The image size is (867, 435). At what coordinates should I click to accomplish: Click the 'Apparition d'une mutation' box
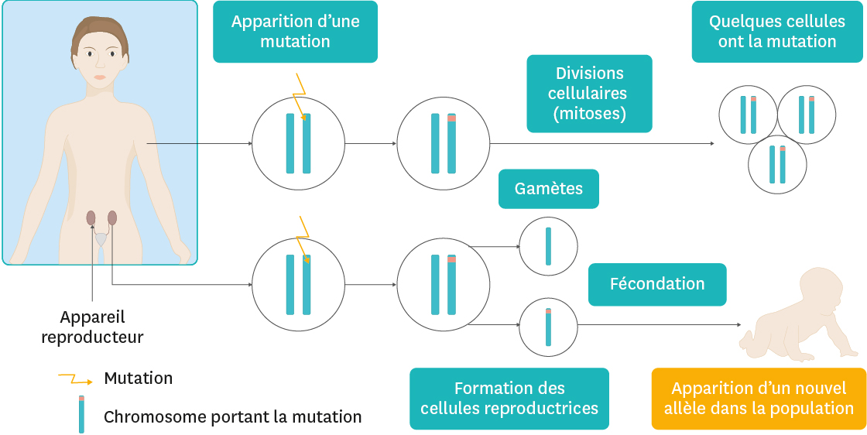pos(295,32)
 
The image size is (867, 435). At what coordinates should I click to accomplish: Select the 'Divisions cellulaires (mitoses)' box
pos(589,94)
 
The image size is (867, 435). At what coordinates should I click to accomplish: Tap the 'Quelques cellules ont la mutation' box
pos(776,32)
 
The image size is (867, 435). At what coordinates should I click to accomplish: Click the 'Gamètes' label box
pos(548,189)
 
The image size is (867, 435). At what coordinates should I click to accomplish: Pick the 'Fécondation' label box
pos(657,284)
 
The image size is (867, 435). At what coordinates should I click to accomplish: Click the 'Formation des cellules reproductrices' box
pos(509,398)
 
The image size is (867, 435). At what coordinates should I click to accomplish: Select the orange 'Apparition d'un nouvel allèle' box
pos(759,398)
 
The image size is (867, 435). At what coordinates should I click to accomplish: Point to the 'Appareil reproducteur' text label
pos(92,327)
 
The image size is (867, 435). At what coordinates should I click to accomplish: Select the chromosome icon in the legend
pos(81,415)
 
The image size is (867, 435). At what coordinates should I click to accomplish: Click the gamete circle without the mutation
pos(548,247)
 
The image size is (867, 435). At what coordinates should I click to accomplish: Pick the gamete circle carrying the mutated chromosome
pos(548,326)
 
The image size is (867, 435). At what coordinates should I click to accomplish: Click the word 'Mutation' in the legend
pos(138,378)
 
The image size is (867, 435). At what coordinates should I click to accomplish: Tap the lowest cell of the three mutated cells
pos(777,164)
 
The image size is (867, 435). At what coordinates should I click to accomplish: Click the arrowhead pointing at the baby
pos(738,325)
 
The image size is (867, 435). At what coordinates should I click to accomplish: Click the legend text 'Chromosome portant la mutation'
pos(232,416)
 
